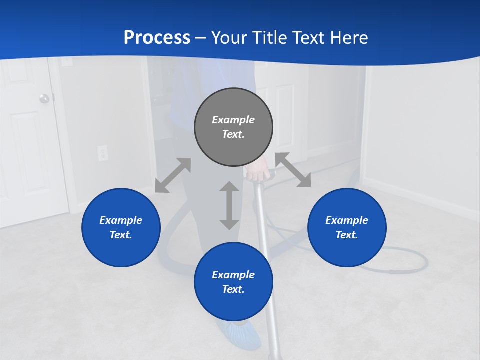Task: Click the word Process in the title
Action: pyautogui.click(x=157, y=38)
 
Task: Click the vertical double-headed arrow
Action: pyautogui.click(x=229, y=205)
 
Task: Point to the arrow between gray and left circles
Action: pyautogui.click(x=173, y=175)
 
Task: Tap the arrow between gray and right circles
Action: pyautogui.click(x=293, y=170)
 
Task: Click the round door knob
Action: pyautogui.click(x=45, y=98)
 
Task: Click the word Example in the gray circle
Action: pyautogui.click(x=233, y=120)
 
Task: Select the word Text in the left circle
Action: pyautogui.click(x=121, y=235)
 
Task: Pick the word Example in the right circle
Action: pyautogui.click(x=347, y=220)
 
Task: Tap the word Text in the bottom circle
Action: pyautogui.click(x=233, y=289)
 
